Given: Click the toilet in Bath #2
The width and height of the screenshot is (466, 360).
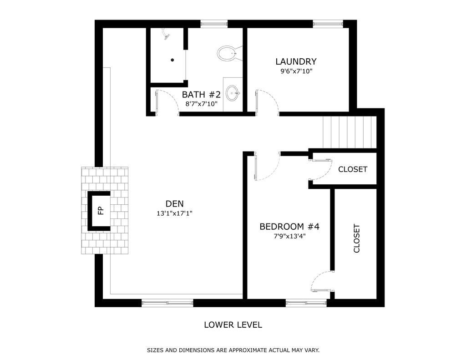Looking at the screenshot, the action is (229, 54).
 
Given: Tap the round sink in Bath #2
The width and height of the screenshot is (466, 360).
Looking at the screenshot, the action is (233, 93).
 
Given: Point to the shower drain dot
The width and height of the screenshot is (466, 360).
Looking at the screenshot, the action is (172, 60).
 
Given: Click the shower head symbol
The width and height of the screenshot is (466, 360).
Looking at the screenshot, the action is (166, 34).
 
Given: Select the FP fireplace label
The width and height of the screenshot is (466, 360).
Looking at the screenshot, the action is (101, 211).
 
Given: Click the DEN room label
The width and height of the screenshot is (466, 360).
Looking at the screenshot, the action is (174, 203).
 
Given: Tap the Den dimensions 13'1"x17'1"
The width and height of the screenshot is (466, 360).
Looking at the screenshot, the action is (174, 213).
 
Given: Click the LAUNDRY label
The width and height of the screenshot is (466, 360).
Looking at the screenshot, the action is (296, 61).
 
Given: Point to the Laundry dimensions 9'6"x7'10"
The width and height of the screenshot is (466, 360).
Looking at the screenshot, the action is (296, 71).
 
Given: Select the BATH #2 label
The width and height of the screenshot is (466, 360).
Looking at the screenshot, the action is (201, 95).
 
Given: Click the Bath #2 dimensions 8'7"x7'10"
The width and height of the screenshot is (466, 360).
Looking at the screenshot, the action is (202, 104).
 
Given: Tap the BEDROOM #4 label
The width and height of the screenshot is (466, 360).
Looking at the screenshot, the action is (289, 227).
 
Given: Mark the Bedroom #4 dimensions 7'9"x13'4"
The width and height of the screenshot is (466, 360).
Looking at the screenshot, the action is (289, 236).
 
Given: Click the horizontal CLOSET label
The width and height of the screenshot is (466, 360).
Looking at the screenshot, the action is (353, 169).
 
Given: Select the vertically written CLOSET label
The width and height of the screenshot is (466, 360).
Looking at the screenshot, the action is (357, 238).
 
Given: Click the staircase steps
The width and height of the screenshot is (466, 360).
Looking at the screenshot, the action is (349, 132).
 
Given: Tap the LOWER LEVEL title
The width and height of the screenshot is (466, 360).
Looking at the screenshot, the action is (233, 325).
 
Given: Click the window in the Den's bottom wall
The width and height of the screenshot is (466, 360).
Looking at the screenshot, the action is (167, 303).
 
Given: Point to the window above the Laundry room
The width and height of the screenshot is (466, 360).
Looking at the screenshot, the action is (328, 24).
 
